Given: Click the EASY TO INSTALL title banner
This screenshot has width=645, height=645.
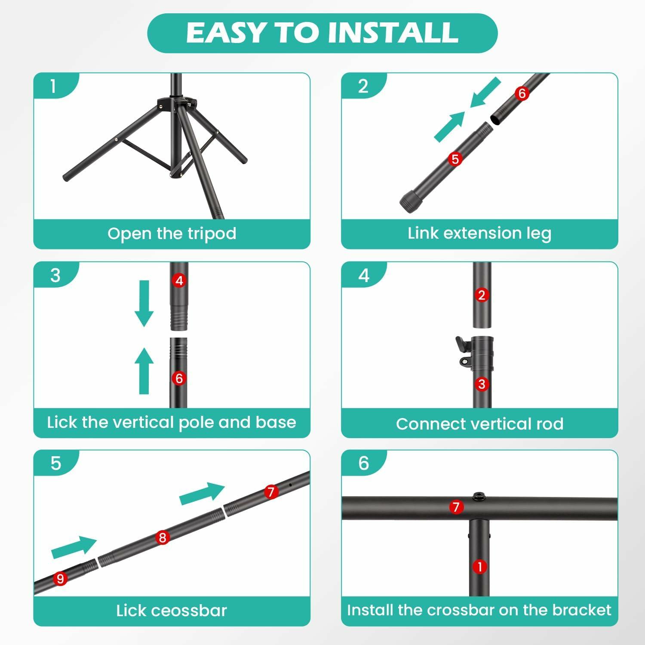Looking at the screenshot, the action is (322, 33).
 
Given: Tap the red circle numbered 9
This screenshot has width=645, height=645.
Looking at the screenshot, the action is (60, 579).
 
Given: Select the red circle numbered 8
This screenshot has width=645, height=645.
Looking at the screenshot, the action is (163, 537).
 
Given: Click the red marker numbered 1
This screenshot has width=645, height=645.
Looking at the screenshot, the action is (480, 566).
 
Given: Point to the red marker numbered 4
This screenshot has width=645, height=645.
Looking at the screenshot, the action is (179, 281).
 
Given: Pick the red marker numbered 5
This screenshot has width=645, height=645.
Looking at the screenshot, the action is (455, 159).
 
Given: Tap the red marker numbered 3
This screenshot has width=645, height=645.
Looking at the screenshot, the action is (482, 384).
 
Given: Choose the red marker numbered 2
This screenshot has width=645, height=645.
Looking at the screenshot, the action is (482, 295).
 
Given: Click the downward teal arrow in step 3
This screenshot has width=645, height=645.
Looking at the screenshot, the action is (144, 304).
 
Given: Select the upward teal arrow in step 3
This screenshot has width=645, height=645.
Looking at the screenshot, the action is (144, 371).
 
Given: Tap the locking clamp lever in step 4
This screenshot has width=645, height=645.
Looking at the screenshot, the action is (463, 350).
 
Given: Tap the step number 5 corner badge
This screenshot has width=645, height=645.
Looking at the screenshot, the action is (56, 463).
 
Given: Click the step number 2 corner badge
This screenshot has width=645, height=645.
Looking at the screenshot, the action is (363, 86).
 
